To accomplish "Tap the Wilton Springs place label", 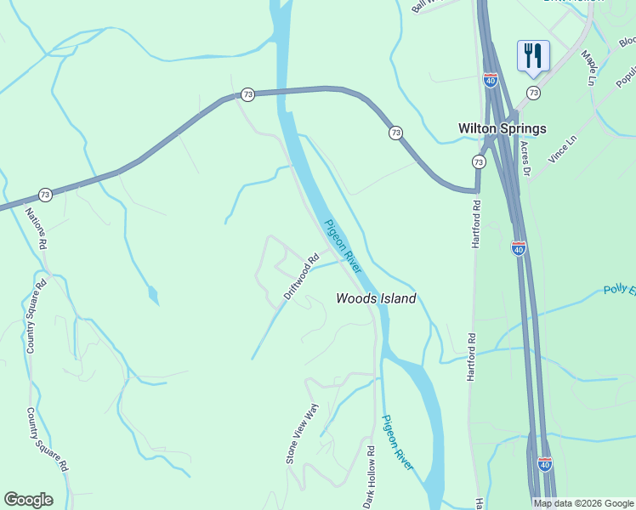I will click(x=502, y=128).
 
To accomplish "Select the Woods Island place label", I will click(x=376, y=298).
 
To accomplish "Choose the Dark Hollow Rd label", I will click(x=369, y=477).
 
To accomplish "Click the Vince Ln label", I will click(x=564, y=148).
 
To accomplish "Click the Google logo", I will click(x=28, y=499).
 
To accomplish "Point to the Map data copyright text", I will click(x=583, y=503).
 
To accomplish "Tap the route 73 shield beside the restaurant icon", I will click(x=533, y=93).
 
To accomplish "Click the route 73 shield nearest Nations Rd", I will click(x=45, y=195).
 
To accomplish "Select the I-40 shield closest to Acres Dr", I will click(x=519, y=247).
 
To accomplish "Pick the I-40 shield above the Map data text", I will click(x=545, y=464).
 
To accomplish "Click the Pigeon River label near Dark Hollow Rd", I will click(x=397, y=442).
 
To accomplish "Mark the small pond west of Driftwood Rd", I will click(x=152, y=295).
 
